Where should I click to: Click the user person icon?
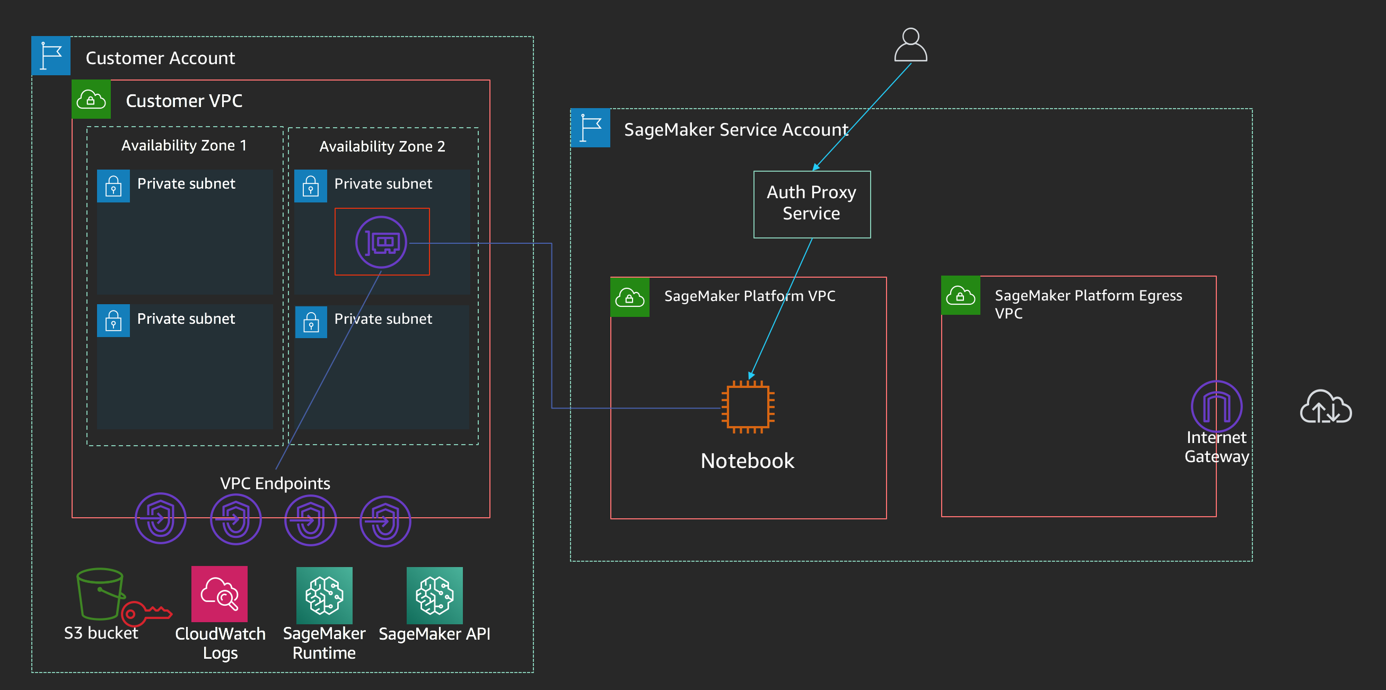pyautogui.click(x=910, y=45)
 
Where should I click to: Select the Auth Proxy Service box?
pyautogui.click(x=812, y=205)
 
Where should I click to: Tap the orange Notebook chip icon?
pyautogui.click(x=748, y=406)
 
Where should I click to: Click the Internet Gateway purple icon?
pyautogui.click(x=1216, y=406)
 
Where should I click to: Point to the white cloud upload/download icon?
pyautogui.click(x=1326, y=406)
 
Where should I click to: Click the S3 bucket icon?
pyautogui.click(x=101, y=594)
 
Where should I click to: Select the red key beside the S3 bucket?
pyautogui.click(x=146, y=614)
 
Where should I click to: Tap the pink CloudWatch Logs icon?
pyautogui.click(x=220, y=594)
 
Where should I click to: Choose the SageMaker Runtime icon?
pyautogui.click(x=324, y=595)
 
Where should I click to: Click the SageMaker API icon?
pyautogui.click(x=435, y=595)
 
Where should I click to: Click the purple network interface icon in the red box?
pyautogui.click(x=381, y=242)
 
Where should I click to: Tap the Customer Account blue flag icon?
pyautogui.click(x=50, y=56)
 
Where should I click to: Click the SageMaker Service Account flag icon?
pyautogui.click(x=590, y=128)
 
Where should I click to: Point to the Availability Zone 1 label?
pyautogui.click(x=184, y=145)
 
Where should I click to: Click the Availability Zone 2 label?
pyautogui.click(x=382, y=146)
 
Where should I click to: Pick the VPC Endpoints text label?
pyautogui.click(x=275, y=483)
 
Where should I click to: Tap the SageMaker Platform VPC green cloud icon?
pyautogui.click(x=630, y=297)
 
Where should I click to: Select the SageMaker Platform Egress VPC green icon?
pyautogui.click(x=960, y=295)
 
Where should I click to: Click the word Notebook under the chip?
pyautogui.click(x=747, y=461)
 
